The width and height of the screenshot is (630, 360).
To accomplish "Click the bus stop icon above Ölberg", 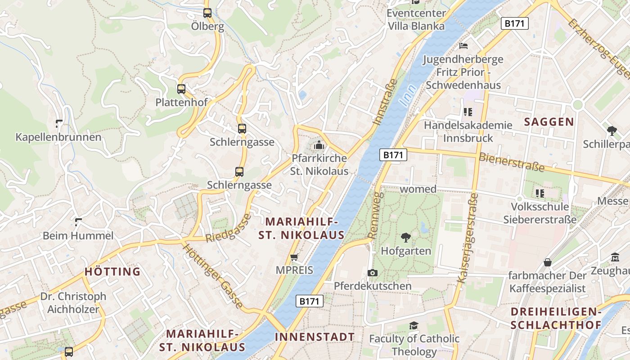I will (x=207, y=13).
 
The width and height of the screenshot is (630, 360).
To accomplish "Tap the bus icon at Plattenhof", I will (x=181, y=89).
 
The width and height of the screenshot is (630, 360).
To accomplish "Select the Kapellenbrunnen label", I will (x=58, y=137).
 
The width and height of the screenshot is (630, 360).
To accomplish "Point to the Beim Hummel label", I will (x=78, y=235).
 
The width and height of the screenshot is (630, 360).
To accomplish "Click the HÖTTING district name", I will (x=112, y=271).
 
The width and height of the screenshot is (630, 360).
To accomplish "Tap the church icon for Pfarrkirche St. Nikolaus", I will (x=319, y=145).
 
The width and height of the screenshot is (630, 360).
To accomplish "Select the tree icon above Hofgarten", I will (x=406, y=237).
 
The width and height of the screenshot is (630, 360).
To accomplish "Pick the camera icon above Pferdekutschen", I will (x=372, y=273).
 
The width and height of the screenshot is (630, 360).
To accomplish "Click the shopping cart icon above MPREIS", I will (x=294, y=257).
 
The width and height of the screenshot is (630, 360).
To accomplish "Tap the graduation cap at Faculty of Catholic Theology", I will (x=414, y=325).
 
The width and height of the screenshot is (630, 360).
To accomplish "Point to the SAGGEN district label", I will (x=549, y=121).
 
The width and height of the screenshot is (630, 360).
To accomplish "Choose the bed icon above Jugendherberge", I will (x=463, y=46).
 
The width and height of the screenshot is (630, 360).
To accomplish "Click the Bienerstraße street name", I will (x=512, y=162).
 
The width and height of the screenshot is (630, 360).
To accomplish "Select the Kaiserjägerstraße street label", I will (x=468, y=238).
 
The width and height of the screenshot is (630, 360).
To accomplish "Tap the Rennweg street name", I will (x=375, y=215).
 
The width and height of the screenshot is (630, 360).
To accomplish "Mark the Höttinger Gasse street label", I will (x=213, y=274).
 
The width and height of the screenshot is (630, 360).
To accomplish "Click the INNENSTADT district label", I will (x=315, y=337).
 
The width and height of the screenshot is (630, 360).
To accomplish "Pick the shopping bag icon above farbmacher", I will (x=548, y=262).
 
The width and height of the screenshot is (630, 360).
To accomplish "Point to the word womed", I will (x=418, y=189).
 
